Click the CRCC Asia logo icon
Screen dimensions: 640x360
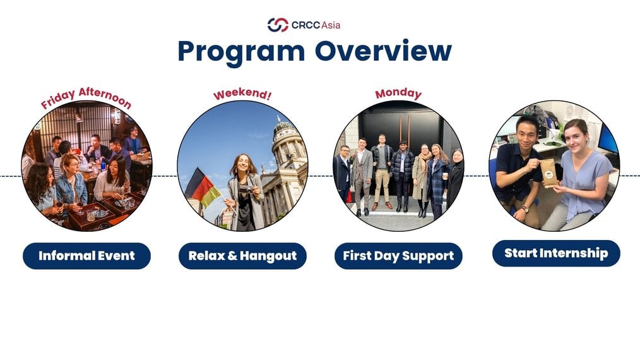[x=278, y=25]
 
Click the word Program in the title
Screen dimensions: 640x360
[x=241, y=52]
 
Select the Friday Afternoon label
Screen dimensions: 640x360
[x=86, y=98]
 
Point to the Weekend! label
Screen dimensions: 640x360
[x=242, y=94]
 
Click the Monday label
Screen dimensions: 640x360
[x=398, y=93]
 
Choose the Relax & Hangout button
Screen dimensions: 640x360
[x=242, y=256]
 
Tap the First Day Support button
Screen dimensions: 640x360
[x=398, y=256]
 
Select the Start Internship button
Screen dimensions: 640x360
[x=556, y=253]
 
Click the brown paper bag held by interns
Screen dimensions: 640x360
[x=549, y=173]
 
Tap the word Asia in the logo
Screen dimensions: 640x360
[x=331, y=25]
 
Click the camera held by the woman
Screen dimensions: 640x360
[x=246, y=189]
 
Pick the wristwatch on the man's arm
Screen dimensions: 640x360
[x=525, y=209]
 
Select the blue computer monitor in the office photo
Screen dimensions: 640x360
[x=608, y=140]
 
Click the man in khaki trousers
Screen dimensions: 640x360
[x=382, y=171]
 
